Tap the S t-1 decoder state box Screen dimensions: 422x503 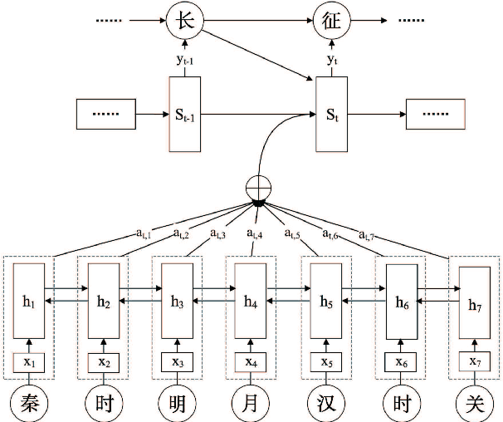click(184, 115)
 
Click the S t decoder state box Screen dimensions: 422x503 click(330, 115)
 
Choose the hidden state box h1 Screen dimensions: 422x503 click(28, 303)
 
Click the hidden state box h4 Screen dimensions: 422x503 click(251, 303)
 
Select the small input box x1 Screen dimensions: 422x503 click(28, 362)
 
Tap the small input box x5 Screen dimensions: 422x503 click(326, 362)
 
